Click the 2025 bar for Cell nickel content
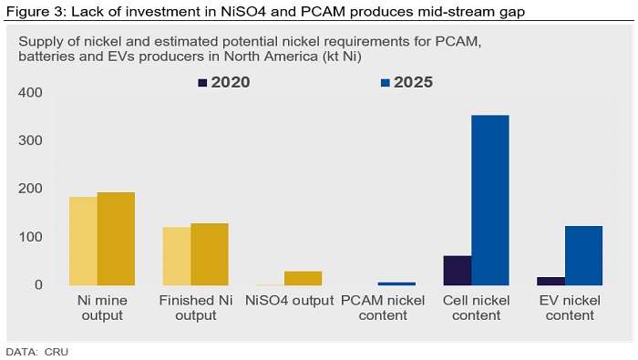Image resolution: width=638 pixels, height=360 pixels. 490,201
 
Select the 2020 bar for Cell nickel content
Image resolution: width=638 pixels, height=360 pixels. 458,271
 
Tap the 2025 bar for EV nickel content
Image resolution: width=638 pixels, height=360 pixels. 584,255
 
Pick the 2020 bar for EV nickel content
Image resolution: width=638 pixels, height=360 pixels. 551,281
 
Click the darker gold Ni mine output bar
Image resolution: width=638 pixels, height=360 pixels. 116,239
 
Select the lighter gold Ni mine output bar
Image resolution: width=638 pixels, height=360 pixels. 84,242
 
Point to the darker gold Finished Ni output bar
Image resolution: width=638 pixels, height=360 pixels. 210,254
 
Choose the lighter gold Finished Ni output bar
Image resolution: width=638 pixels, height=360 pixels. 177,256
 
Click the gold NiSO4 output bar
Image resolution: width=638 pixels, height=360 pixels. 304,278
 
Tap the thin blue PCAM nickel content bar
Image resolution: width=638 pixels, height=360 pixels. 396,283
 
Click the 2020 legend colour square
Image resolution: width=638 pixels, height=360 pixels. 202,83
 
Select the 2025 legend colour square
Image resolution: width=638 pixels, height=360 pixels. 386,83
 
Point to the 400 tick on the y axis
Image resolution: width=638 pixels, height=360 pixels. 30,92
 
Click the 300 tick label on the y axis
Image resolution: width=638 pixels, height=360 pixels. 30,140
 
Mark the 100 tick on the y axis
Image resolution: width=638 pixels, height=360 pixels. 30,237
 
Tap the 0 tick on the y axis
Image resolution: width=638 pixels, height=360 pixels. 38,284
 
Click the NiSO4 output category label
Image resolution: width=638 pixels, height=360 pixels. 289,301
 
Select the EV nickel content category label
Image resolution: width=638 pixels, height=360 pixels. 570,308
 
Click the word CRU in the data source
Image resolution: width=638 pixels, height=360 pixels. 57,352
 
